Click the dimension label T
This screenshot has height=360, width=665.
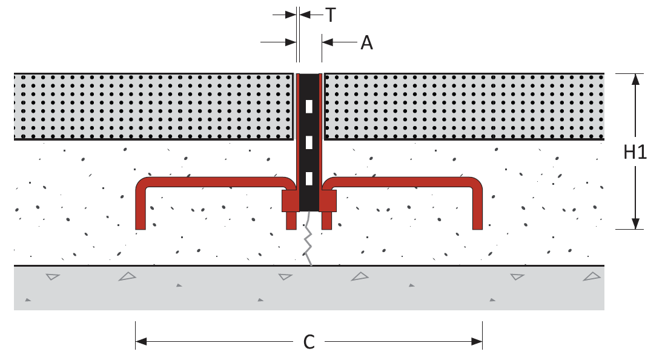click(x=330, y=15)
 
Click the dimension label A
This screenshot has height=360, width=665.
click(x=366, y=43)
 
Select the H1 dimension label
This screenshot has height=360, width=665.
click(x=635, y=152)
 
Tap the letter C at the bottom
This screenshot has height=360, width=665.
click(x=309, y=342)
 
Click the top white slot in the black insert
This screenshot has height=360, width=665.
click(x=309, y=107)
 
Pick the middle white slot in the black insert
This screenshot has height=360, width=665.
click(x=309, y=142)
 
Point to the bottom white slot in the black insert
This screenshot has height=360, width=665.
click(x=309, y=179)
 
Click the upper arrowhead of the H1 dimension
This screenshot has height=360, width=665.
click(x=635, y=80)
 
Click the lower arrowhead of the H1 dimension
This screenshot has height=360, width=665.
click(x=635, y=223)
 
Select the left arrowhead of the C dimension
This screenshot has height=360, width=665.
click(x=141, y=342)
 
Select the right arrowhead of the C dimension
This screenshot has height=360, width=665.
click(x=477, y=342)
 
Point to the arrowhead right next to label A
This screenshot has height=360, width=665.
click(x=328, y=42)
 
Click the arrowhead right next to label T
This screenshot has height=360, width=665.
click(x=305, y=15)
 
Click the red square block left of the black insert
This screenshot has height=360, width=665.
click(x=291, y=201)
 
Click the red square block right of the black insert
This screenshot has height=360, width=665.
click(x=328, y=201)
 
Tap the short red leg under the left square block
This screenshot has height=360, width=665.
click(x=291, y=221)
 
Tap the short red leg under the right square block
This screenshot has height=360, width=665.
click(x=326, y=221)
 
